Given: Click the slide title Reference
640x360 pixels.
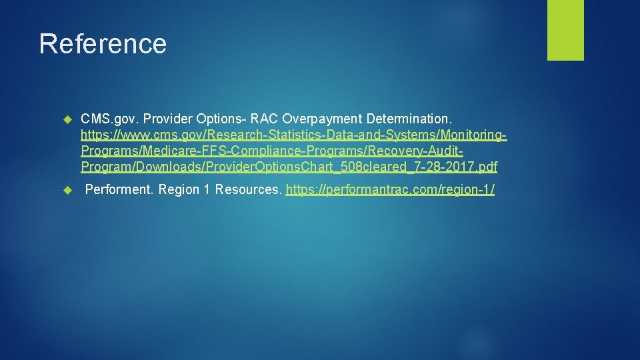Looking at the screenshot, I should click(103, 43).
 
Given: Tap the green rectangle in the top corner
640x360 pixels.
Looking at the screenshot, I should click(565, 30).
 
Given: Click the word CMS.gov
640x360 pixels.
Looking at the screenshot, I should click(105, 119).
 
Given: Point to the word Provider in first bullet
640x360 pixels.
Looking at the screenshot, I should click(167, 119).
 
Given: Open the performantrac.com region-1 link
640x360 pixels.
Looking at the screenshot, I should click(390, 190).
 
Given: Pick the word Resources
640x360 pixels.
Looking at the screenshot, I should click(249, 190).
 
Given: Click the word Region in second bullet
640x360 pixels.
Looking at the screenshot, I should click(178, 190).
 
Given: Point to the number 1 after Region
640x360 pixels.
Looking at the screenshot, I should click(207, 190).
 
